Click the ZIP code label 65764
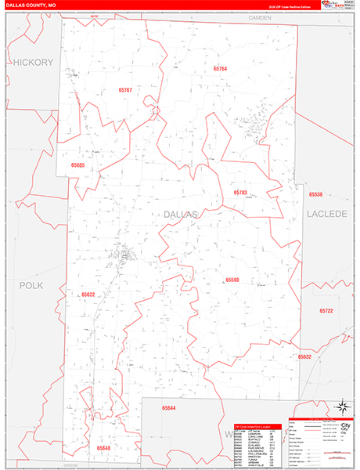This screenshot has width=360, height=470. pos(220,69)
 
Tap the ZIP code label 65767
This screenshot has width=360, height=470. pos(126,91)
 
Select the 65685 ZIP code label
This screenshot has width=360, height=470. pos(77,165)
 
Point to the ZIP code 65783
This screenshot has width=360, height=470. pos(239,192)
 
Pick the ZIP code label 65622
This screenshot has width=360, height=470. pos(88,295)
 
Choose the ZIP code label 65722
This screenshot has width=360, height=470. pos(326,311)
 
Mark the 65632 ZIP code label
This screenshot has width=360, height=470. pos(304,356)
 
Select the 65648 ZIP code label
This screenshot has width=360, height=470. pos(104,447)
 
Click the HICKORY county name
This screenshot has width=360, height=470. pos(32,62)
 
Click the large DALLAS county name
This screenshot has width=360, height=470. pos(182,214)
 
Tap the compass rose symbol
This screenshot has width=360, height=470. pos(341,407)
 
